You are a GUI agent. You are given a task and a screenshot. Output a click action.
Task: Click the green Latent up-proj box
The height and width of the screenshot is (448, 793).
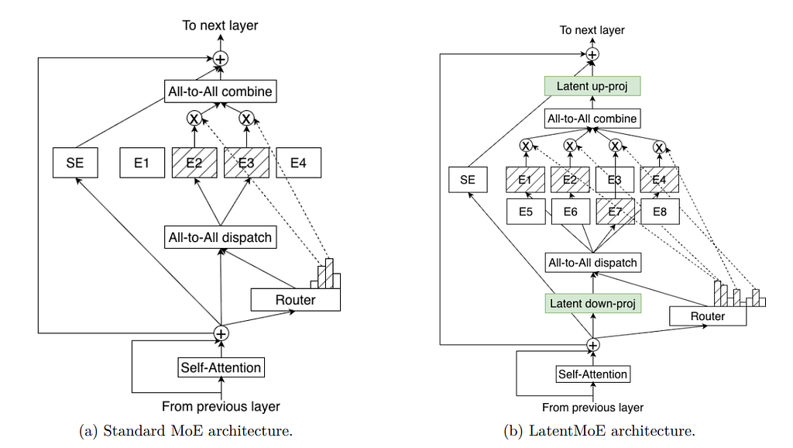[592, 86]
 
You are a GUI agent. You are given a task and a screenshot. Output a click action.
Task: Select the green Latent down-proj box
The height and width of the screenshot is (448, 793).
[592, 303]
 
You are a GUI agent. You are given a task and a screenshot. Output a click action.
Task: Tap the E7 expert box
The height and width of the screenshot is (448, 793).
[615, 212]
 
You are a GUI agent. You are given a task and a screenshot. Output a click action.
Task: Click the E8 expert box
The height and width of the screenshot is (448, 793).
[660, 212]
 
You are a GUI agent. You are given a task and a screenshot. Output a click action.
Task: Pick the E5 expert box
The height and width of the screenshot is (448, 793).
[526, 212]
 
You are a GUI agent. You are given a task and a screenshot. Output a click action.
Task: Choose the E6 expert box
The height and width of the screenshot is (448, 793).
[571, 212]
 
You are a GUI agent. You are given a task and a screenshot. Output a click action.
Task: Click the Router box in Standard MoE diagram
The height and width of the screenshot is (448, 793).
[295, 300]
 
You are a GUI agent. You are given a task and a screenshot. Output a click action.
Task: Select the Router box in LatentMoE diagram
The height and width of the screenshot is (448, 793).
[708, 316]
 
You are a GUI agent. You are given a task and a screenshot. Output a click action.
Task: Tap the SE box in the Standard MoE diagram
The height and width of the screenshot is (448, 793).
[75, 163]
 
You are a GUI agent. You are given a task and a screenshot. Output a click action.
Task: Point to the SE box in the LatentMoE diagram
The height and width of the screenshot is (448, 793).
[468, 180]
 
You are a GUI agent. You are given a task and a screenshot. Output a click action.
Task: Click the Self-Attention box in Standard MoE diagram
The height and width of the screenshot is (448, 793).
[221, 367]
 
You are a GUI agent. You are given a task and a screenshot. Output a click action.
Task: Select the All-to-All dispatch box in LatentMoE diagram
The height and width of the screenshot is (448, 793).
[592, 263]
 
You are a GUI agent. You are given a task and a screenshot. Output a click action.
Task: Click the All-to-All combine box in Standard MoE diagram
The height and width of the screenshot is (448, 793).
[221, 91]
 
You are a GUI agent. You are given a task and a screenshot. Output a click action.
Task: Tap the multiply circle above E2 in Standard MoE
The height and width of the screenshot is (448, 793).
[194, 119]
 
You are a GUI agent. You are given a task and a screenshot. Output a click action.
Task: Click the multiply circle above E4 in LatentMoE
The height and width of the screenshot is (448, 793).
[659, 146]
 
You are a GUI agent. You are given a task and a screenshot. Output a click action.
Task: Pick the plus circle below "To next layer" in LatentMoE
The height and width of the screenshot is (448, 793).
[592, 53]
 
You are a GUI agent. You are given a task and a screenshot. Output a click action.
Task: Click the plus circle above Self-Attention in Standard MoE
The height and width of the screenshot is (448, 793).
[221, 333]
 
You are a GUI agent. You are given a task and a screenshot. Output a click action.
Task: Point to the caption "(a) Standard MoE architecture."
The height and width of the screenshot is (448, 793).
[186, 431]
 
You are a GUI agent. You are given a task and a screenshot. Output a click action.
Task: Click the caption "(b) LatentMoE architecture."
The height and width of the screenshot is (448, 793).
[599, 431]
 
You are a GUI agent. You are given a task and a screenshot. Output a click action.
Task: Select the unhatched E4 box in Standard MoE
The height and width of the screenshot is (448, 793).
[298, 163]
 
